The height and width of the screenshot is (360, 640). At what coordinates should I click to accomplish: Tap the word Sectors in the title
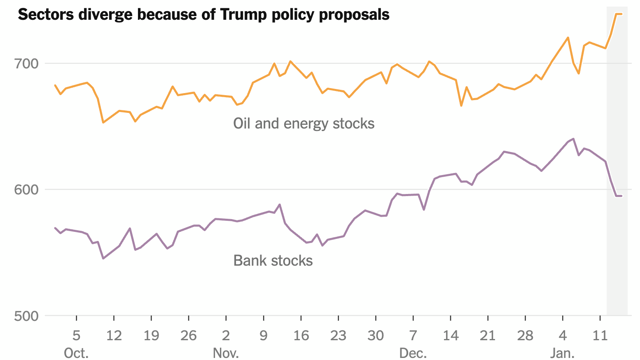tap(46, 15)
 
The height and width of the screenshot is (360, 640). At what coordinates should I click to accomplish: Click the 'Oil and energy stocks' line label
tap(304, 124)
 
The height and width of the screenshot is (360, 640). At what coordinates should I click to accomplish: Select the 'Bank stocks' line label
tap(273, 261)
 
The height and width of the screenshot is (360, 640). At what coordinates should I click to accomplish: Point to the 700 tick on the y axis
tap(26, 64)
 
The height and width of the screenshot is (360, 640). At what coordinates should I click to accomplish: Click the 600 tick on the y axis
tap(26, 190)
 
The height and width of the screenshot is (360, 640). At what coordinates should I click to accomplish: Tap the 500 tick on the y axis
tap(26, 316)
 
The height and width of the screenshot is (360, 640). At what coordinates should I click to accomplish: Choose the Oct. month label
tap(76, 353)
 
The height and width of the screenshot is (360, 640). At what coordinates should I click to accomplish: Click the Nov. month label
tap(226, 353)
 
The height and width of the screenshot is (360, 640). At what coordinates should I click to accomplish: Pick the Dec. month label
tap(413, 353)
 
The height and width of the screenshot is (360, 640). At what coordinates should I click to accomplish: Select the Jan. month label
tap(563, 353)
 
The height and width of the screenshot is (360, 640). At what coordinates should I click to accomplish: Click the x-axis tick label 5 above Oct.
tap(76, 336)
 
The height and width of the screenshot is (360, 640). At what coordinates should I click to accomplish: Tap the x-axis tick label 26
tap(189, 336)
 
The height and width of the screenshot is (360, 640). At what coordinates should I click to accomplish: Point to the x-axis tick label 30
tap(375, 336)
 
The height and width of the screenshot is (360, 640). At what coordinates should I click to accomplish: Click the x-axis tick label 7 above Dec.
tap(413, 336)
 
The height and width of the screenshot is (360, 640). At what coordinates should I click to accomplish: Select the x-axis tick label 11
tap(600, 336)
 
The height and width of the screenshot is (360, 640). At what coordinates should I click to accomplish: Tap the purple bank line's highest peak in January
tap(573, 139)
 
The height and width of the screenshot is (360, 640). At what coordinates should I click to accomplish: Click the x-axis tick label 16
tap(301, 336)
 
